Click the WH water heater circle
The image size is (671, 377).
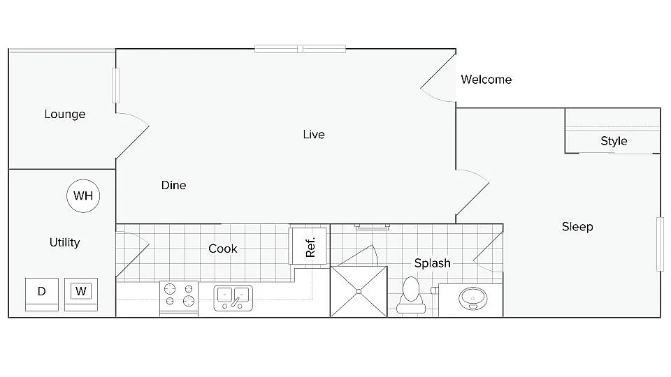(83, 196)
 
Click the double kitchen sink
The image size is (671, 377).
(233, 297)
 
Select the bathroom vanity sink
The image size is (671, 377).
(474, 299)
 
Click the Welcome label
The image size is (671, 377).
(486, 80)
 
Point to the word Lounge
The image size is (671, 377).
(65, 114)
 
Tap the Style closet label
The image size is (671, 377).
(614, 141)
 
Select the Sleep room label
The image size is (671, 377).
(577, 227)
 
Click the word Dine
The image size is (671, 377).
(173, 185)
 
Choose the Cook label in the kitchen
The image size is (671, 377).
(223, 249)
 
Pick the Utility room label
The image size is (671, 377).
(64, 242)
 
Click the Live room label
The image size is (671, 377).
(314, 134)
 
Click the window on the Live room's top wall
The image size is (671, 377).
(300, 49)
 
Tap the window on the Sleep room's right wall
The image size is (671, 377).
(659, 244)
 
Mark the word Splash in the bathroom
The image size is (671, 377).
(432, 263)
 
